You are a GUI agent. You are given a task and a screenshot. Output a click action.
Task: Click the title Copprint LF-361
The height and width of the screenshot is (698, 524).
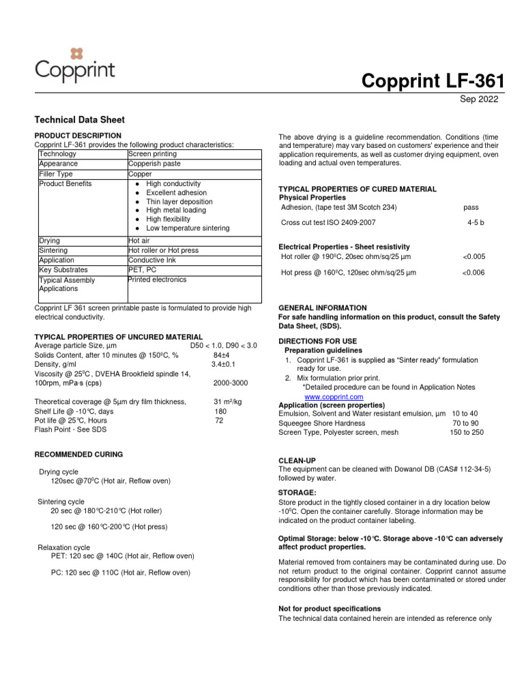[x=433, y=81]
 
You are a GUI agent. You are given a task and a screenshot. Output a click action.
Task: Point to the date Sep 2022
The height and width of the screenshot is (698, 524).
[x=480, y=100]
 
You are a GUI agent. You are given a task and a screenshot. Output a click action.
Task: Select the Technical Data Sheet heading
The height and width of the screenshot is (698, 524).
[x=79, y=119]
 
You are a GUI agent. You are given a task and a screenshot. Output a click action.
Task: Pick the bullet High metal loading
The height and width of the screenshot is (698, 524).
[x=175, y=210]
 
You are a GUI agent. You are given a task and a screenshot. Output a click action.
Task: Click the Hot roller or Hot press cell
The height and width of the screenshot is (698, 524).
[x=163, y=250]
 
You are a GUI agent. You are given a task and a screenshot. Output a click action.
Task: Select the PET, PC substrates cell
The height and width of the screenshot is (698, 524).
[x=145, y=270]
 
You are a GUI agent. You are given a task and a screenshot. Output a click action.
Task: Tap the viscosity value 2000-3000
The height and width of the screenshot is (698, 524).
[x=231, y=383]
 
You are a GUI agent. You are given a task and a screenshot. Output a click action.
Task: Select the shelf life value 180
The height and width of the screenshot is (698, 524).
[x=220, y=411]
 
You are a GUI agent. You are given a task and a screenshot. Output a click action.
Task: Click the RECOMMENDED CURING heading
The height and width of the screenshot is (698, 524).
[x=78, y=454]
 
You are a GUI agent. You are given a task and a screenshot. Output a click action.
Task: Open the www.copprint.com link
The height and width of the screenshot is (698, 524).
[x=334, y=396]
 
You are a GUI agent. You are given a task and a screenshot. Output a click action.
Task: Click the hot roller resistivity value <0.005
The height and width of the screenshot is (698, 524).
[x=474, y=256]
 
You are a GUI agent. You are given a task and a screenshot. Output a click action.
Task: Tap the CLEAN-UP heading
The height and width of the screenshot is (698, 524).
[x=297, y=461]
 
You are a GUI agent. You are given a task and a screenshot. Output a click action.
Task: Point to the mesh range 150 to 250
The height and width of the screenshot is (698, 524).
[x=466, y=431]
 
